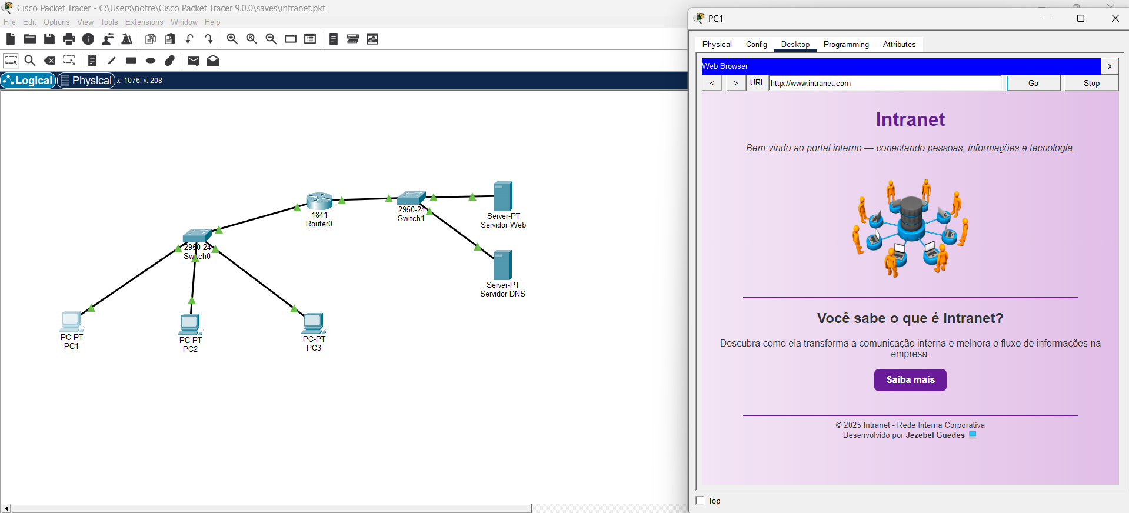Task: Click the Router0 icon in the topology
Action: (x=319, y=201)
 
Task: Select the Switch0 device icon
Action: (x=197, y=236)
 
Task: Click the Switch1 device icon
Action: (x=411, y=198)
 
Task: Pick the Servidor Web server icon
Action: (x=503, y=196)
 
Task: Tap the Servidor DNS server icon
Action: (x=502, y=265)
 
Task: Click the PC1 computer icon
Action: (x=71, y=322)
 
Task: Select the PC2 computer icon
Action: (x=190, y=324)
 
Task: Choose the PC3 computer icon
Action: (x=314, y=323)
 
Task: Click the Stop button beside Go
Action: (x=1091, y=84)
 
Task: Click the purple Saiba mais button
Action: (x=910, y=380)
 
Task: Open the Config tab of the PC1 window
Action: (x=756, y=45)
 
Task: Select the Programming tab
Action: (x=845, y=45)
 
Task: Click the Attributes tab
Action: (x=899, y=45)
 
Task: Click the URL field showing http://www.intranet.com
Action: (x=885, y=84)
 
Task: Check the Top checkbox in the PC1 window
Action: (x=700, y=501)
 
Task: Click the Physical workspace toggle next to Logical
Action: (x=86, y=81)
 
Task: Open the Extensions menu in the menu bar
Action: (x=144, y=22)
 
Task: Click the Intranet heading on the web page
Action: (x=910, y=119)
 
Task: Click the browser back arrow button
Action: (x=712, y=84)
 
